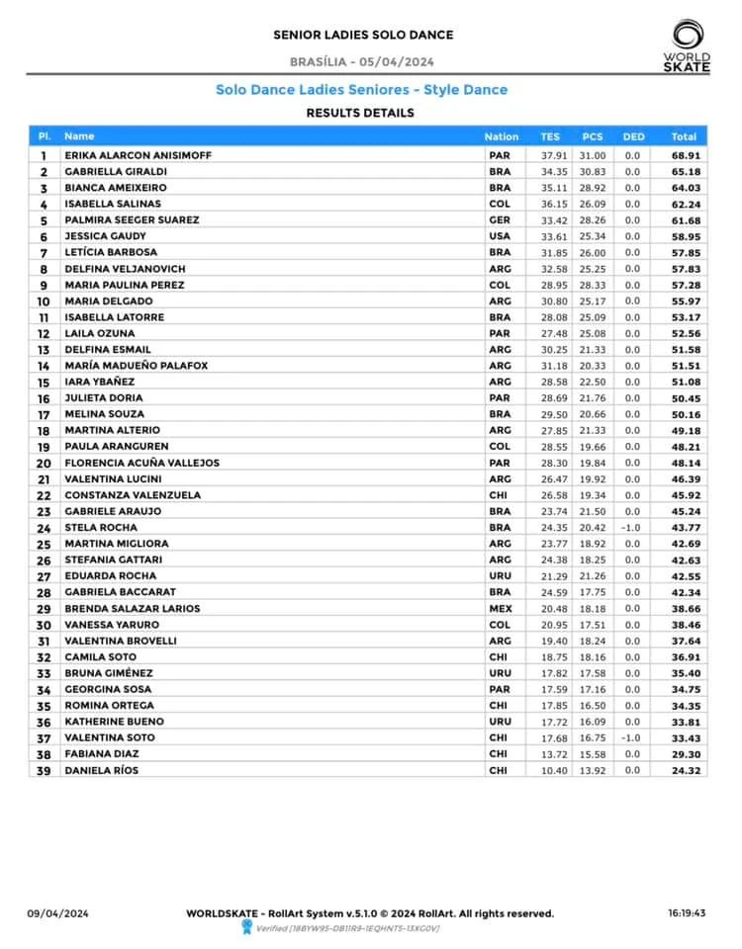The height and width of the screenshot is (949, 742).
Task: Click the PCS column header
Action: (x=593, y=136)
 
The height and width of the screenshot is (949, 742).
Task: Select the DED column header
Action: (x=633, y=136)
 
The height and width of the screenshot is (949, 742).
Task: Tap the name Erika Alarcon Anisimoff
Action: (x=138, y=155)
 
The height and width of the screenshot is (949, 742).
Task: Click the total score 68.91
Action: (x=686, y=155)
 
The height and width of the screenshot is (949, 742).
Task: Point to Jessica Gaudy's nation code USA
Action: (x=500, y=236)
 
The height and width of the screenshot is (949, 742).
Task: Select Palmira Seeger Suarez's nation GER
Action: (x=500, y=219)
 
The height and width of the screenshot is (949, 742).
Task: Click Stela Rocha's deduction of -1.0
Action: (x=632, y=528)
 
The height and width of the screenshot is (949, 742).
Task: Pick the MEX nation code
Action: (x=501, y=609)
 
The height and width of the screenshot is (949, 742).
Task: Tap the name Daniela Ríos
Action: (x=101, y=770)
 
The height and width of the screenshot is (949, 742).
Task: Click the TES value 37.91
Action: (x=554, y=155)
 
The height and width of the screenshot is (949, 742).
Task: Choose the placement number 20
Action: (x=44, y=463)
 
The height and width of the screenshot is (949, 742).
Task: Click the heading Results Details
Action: (x=360, y=113)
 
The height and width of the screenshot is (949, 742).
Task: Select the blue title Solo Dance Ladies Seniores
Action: (x=361, y=90)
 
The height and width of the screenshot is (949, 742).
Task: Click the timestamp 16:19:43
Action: (x=686, y=914)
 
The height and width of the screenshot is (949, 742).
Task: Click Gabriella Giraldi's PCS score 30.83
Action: (x=593, y=171)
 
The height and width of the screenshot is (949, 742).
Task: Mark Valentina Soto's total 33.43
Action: (x=685, y=738)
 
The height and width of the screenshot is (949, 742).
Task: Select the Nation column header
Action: (x=502, y=136)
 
